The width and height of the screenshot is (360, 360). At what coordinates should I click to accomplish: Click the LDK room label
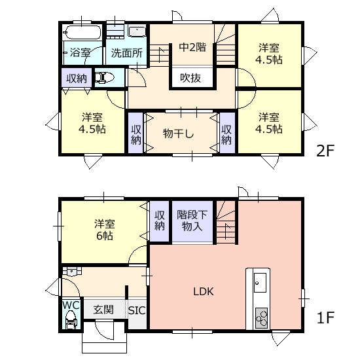click(x=204, y=291)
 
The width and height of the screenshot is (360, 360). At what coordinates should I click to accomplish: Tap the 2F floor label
click(x=325, y=151)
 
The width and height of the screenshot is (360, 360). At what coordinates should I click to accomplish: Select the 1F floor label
click(x=325, y=317)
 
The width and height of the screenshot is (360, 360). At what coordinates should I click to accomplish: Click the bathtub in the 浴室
click(x=82, y=32)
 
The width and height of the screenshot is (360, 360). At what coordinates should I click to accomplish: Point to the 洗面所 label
click(x=127, y=53)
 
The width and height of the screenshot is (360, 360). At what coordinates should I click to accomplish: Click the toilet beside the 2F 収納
click(x=105, y=78)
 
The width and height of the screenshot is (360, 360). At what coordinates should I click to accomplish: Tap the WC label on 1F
click(x=71, y=306)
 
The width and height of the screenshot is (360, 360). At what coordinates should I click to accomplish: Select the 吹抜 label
click(x=190, y=78)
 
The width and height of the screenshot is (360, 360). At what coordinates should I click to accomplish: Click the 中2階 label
click(x=192, y=47)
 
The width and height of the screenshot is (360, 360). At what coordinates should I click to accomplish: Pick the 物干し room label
click(x=179, y=134)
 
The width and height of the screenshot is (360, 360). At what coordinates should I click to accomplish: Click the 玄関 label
click(x=103, y=310)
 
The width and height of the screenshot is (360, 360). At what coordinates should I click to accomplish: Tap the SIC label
click(x=137, y=311)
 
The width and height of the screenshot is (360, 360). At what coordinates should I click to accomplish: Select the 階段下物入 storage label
click(x=192, y=221)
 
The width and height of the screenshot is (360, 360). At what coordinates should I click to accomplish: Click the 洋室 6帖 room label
click(x=104, y=230)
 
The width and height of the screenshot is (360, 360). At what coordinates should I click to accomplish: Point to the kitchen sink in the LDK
click(x=260, y=283)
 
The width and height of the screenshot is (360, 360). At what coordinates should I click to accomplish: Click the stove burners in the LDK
click(x=262, y=318)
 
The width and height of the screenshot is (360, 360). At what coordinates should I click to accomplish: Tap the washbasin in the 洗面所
click(x=137, y=31)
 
